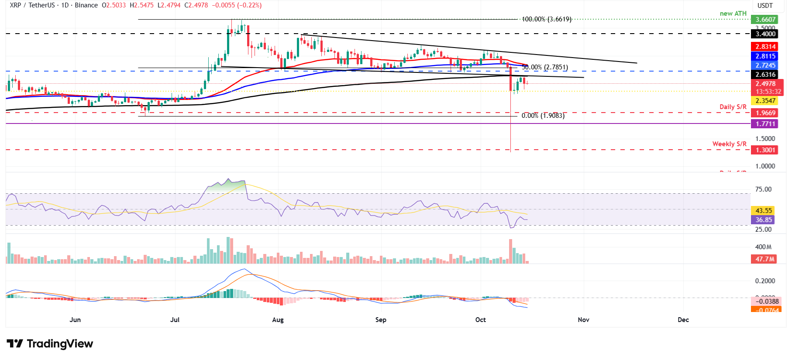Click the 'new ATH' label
pos(733,14)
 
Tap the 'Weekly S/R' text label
pos(729,144)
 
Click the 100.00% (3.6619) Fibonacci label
pos(546,19)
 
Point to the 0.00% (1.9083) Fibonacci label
pos(543,116)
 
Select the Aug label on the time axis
pos(278,320)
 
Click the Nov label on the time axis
pos(583,320)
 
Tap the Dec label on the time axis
pos(683,320)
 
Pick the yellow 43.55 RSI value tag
pos(763,211)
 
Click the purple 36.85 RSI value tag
pos(763,220)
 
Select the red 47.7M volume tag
pos(765,259)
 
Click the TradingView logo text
pos(60,344)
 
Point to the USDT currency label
pos(764,6)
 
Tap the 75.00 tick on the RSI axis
pos(763,189)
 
